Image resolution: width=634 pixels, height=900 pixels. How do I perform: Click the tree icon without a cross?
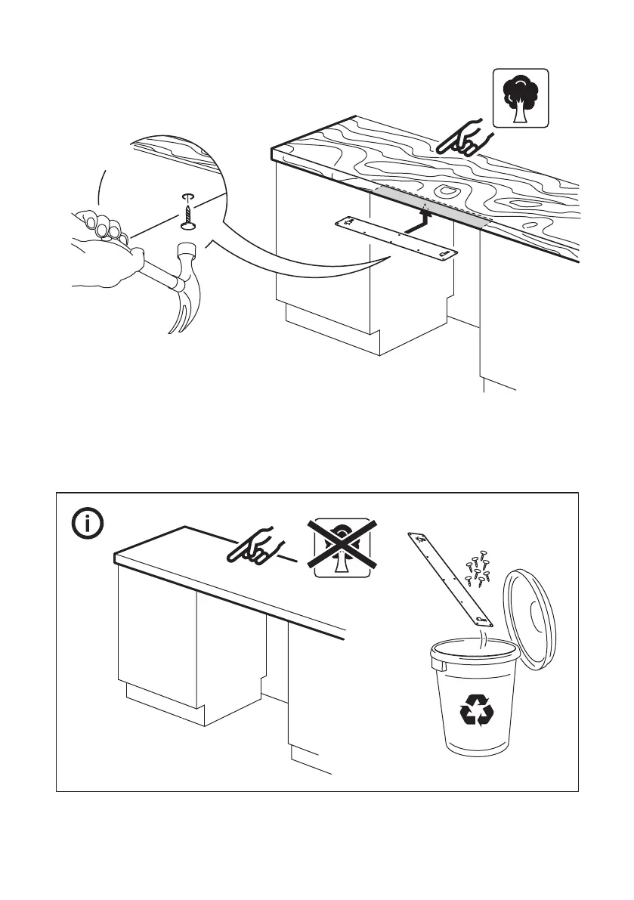click(521, 97)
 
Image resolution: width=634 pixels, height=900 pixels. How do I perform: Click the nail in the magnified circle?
click(186, 212)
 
